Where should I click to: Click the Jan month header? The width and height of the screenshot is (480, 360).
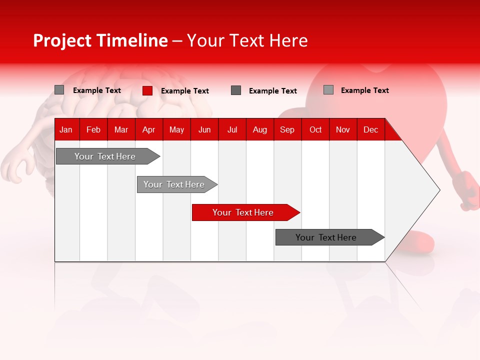66,129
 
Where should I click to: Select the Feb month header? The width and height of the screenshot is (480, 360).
93,129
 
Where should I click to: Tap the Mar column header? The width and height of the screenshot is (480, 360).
121,129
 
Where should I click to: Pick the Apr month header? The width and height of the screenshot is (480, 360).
148,129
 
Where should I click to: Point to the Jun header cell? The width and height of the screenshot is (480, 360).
204,129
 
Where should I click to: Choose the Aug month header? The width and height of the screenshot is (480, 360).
260,129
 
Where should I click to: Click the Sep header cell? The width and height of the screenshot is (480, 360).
287,129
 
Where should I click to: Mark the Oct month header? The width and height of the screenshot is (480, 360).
315,129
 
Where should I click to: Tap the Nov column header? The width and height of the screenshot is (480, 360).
343,129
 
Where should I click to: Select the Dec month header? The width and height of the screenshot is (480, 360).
371,129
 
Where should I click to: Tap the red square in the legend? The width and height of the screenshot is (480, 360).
147,90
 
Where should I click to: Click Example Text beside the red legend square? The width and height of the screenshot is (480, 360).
185,91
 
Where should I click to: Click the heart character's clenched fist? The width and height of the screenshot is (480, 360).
469,190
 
